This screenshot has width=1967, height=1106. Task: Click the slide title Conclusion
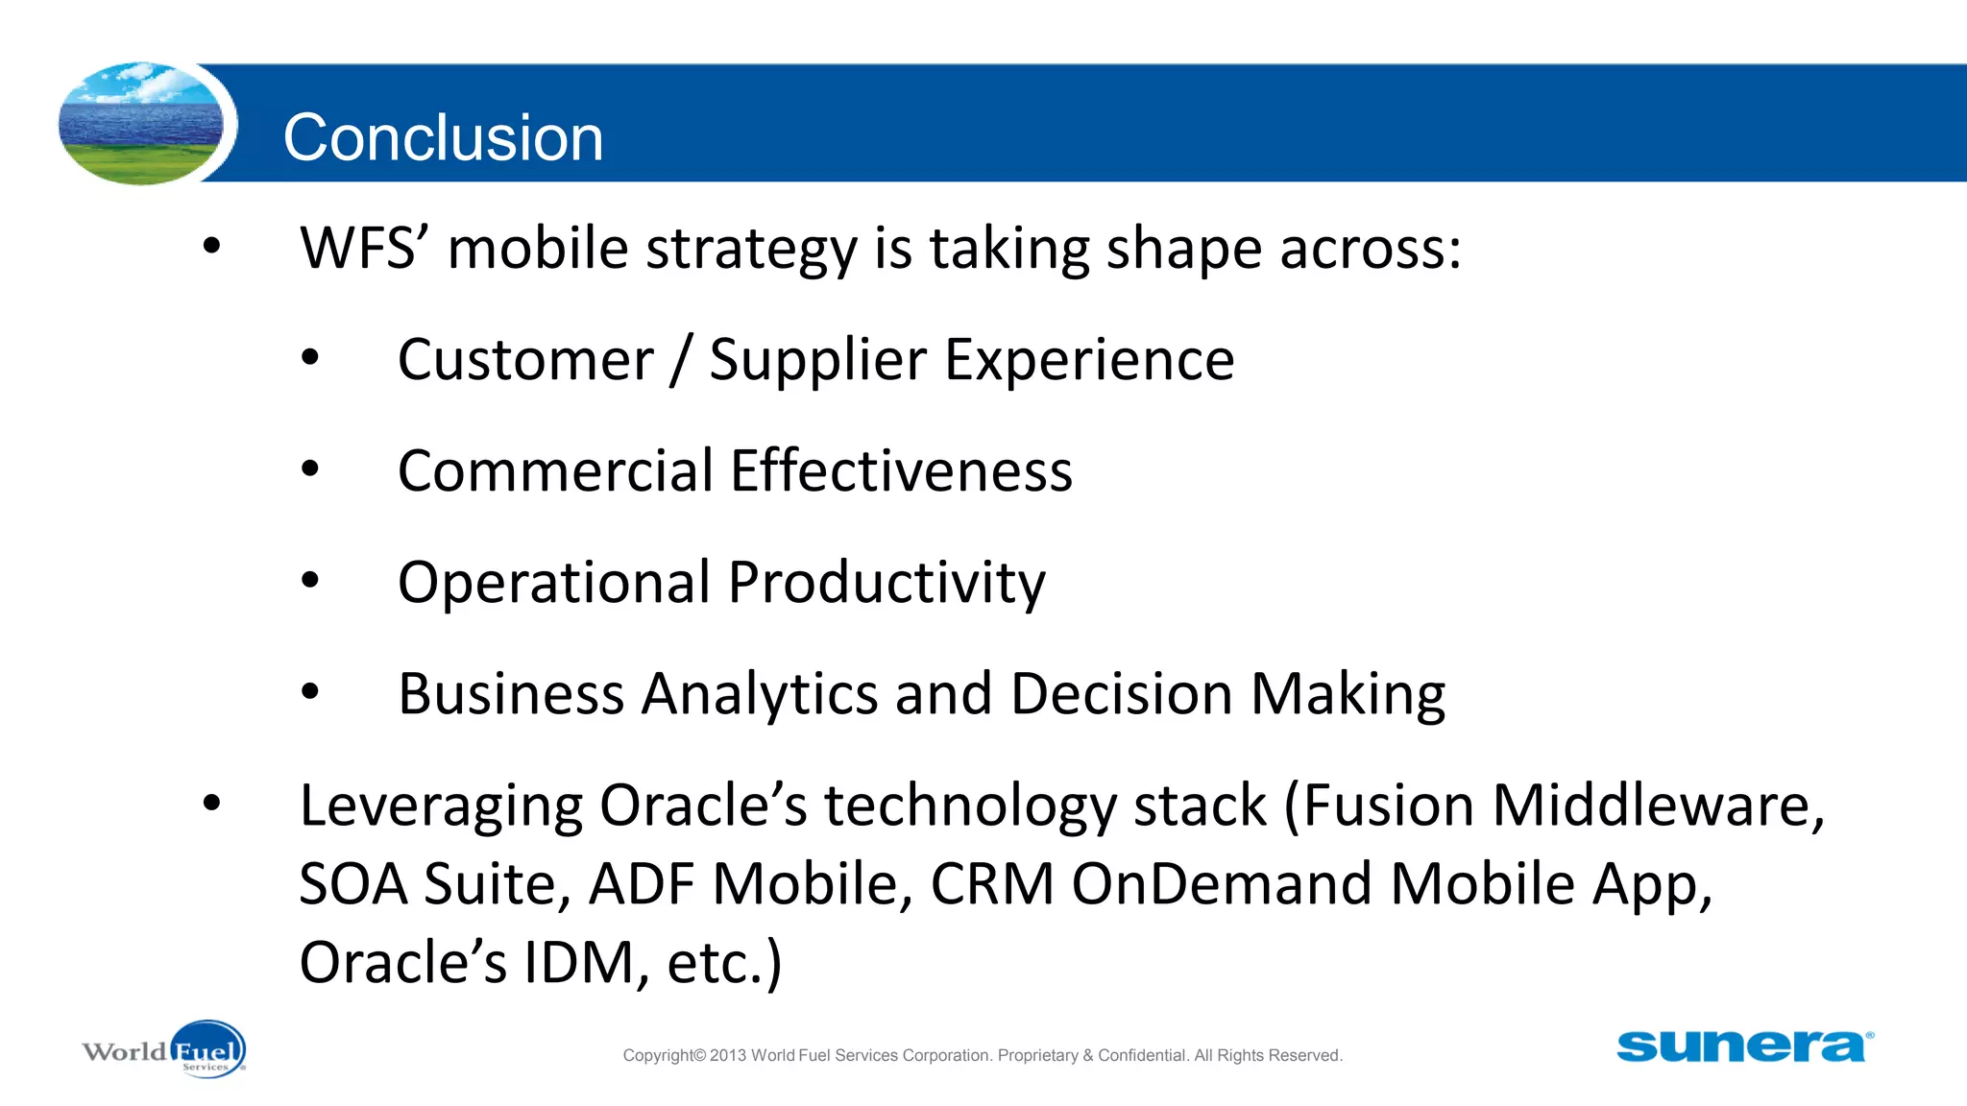click(443, 137)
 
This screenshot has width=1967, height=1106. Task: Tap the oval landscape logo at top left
click(142, 124)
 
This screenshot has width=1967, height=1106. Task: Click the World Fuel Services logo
click(164, 1050)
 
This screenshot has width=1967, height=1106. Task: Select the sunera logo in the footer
click(1743, 1046)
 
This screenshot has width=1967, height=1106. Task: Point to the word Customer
click(525, 360)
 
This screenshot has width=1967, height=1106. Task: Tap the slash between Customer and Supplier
click(681, 360)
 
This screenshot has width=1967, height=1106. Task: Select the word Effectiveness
click(901, 470)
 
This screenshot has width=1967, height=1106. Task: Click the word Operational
click(553, 583)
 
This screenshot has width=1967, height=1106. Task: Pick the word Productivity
click(886, 584)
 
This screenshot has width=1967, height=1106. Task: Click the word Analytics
click(759, 694)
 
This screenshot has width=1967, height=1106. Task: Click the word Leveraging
click(441, 806)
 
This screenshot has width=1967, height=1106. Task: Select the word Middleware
click(1658, 805)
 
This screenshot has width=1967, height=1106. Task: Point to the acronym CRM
click(992, 883)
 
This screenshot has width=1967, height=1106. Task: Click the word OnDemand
click(1222, 883)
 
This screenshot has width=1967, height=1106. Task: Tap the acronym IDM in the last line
click(579, 962)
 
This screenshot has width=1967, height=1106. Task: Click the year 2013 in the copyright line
click(728, 1055)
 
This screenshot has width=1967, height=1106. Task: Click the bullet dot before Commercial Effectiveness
click(309, 469)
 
